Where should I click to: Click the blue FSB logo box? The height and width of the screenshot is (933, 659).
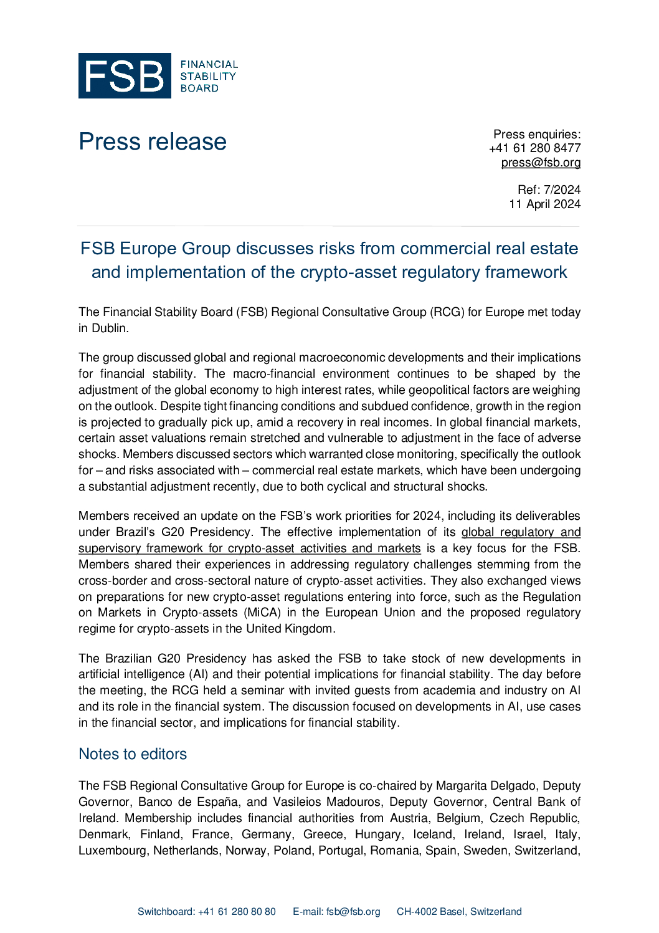(x=125, y=75)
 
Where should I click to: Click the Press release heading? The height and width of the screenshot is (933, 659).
(x=153, y=141)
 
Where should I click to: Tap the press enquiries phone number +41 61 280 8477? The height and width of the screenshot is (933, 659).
(x=534, y=148)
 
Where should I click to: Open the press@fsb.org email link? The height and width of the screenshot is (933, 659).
(x=541, y=163)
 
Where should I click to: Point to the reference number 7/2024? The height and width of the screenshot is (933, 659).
(x=562, y=189)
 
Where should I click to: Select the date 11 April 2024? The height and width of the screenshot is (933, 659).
(x=544, y=204)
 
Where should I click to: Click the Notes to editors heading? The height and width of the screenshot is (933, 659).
(x=133, y=754)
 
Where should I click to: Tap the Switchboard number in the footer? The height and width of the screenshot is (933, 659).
(x=237, y=912)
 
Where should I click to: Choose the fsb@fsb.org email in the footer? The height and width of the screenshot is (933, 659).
(x=353, y=912)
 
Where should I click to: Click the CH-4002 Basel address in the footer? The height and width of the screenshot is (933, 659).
(x=459, y=912)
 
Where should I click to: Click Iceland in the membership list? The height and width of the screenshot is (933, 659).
(x=424, y=835)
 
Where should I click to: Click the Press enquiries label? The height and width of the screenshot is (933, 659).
(x=536, y=134)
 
